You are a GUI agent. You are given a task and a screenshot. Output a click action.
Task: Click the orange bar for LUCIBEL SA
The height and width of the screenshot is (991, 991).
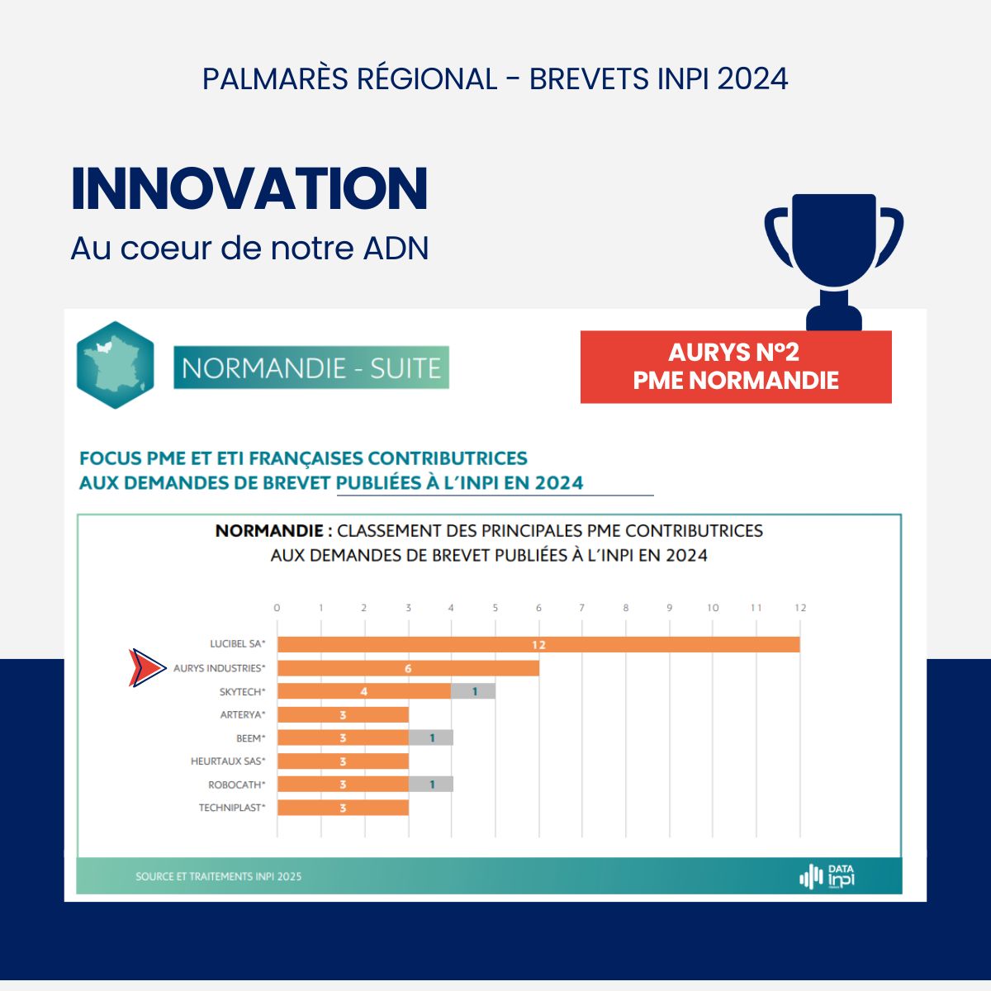pos(538,644)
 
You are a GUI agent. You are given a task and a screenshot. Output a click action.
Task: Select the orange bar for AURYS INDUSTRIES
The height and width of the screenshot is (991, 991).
pos(408,668)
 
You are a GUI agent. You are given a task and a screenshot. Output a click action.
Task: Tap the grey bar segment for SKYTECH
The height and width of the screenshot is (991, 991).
pos(473,691)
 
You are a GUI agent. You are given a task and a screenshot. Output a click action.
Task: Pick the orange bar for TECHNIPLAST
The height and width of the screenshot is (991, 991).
pos(343,808)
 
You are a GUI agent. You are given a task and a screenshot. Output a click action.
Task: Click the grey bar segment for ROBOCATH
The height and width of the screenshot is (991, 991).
pos(431,785)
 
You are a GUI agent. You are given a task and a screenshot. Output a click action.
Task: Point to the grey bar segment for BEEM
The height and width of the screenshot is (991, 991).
pos(431,738)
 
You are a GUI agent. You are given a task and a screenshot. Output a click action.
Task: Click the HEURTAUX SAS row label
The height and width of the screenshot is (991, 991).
pos(228,761)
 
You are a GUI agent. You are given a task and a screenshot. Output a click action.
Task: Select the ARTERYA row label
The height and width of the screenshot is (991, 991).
pos(243,715)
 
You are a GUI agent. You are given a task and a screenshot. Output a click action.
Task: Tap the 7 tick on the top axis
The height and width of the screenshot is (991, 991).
pos(581,608)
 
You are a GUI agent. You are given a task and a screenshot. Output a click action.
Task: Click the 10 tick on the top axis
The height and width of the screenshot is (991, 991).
pos(713,608)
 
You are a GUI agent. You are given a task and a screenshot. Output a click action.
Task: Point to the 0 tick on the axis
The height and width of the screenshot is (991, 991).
pos(277,608)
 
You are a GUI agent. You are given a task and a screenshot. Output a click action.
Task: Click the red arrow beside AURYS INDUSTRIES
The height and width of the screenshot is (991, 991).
pos(147,668)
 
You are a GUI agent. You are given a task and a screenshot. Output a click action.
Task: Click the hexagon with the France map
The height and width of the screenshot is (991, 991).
pos(115,365)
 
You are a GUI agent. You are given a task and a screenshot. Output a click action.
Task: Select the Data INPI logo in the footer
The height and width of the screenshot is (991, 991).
pos(827,876)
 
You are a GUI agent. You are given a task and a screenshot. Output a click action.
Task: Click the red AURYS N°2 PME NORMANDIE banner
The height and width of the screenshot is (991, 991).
pos(736,367)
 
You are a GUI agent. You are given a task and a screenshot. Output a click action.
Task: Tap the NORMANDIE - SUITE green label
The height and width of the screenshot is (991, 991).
pos(311,367)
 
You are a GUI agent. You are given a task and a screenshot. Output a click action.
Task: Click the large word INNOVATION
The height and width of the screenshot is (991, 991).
pos(249,189)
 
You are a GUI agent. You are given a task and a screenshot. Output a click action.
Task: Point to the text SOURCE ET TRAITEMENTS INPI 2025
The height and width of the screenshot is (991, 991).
pos(219,876)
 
